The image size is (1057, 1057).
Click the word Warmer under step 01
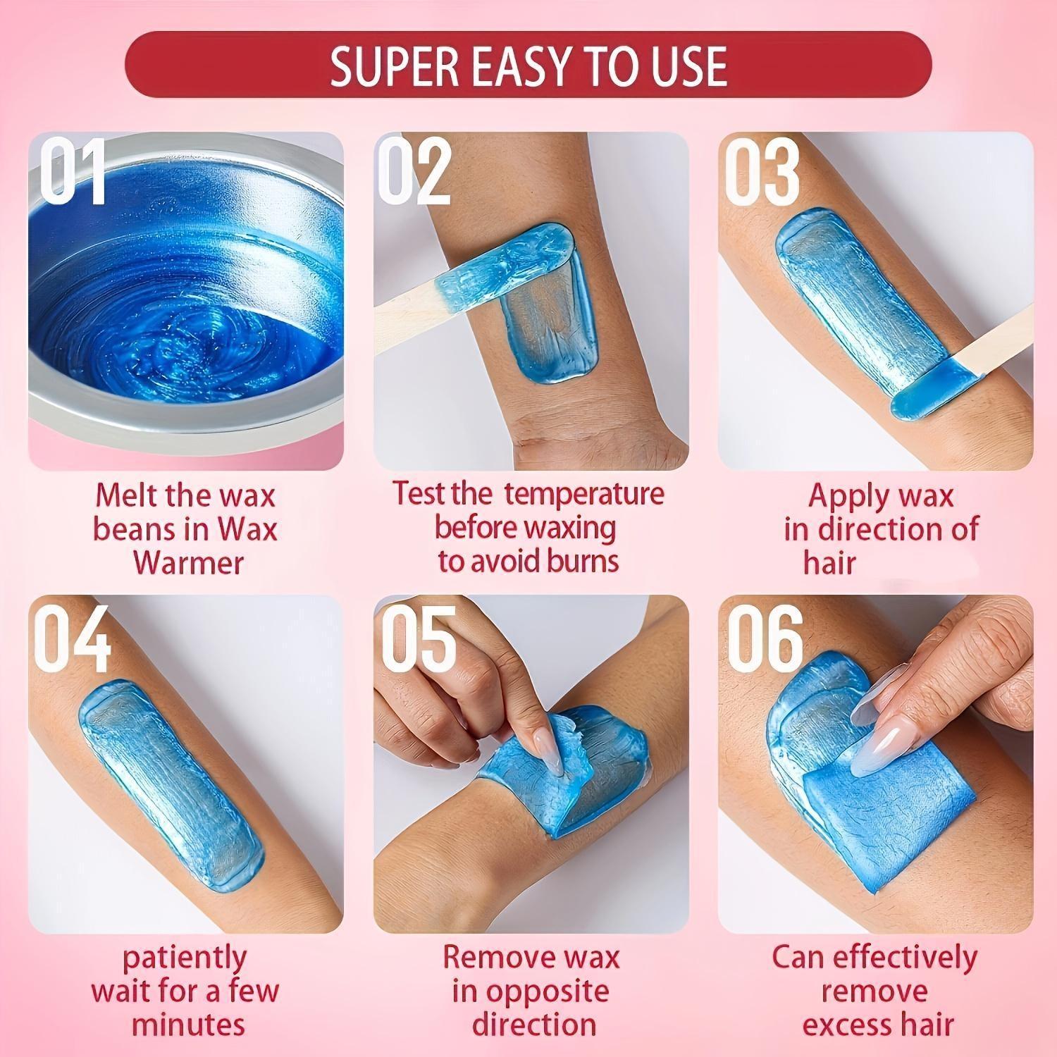(188, 563)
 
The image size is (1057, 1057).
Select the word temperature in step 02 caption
(584, 493)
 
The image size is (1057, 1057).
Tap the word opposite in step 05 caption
(530, 991)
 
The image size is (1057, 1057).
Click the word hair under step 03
(829, 563)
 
